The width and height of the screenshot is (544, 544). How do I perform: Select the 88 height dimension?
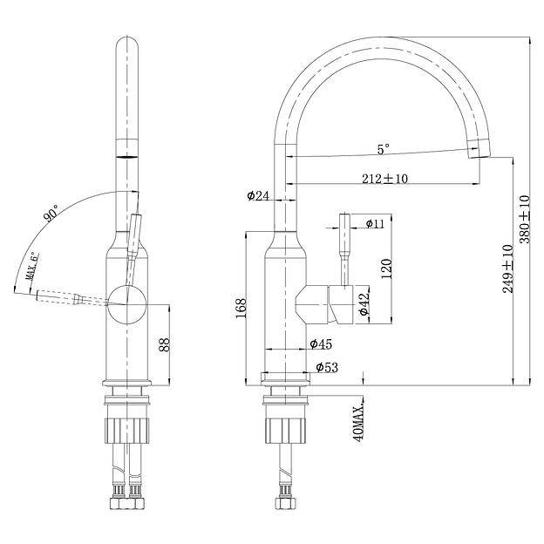click(164, 343)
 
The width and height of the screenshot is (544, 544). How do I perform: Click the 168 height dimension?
click(241, 306)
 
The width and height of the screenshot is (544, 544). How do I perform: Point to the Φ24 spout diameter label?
click(257, 196)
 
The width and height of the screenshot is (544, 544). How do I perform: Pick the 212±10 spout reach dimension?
click(385, 178)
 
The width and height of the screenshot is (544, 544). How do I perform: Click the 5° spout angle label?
click(383, 149)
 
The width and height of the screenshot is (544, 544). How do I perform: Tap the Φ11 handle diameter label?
click(376, 224)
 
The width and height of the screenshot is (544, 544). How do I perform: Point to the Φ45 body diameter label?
click(322, 343)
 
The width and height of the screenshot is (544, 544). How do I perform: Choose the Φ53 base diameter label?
click(327, 367)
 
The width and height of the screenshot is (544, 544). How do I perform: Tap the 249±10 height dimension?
click(507, 269)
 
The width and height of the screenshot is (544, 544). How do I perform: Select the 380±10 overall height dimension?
click(525, 218)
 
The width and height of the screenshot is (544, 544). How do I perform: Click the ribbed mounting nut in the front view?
click(129, 429)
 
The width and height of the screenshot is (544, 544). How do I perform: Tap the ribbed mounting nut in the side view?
click(286, 429)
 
